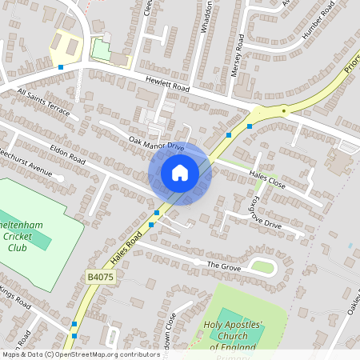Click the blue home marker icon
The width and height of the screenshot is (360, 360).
pyautogui.click(x=180, y=173)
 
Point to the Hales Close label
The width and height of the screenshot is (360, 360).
pyautogui.click(x=267, y=178)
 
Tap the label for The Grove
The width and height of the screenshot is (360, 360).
pyautogui.click(x=224, y=265)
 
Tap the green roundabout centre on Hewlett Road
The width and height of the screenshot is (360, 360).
pyautogui.click(x=284, y=110)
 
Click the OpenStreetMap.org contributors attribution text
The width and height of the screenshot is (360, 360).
pyautogui.click(x=104, y=354)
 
